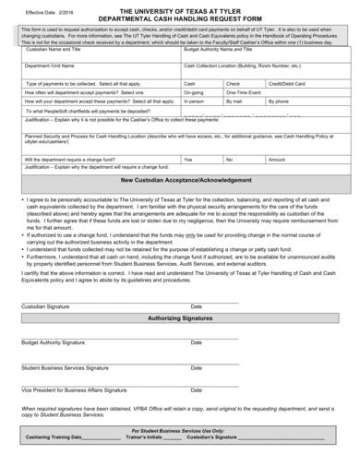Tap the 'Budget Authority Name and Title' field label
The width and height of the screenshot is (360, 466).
(x=222, y=50)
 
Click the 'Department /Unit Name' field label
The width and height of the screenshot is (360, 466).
(x=52, y=66)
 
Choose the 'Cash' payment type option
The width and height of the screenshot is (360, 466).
(x=191, y=83)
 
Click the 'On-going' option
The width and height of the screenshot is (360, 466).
(x=195, y=92)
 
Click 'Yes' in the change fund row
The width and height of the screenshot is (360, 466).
(x=189, y=159)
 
